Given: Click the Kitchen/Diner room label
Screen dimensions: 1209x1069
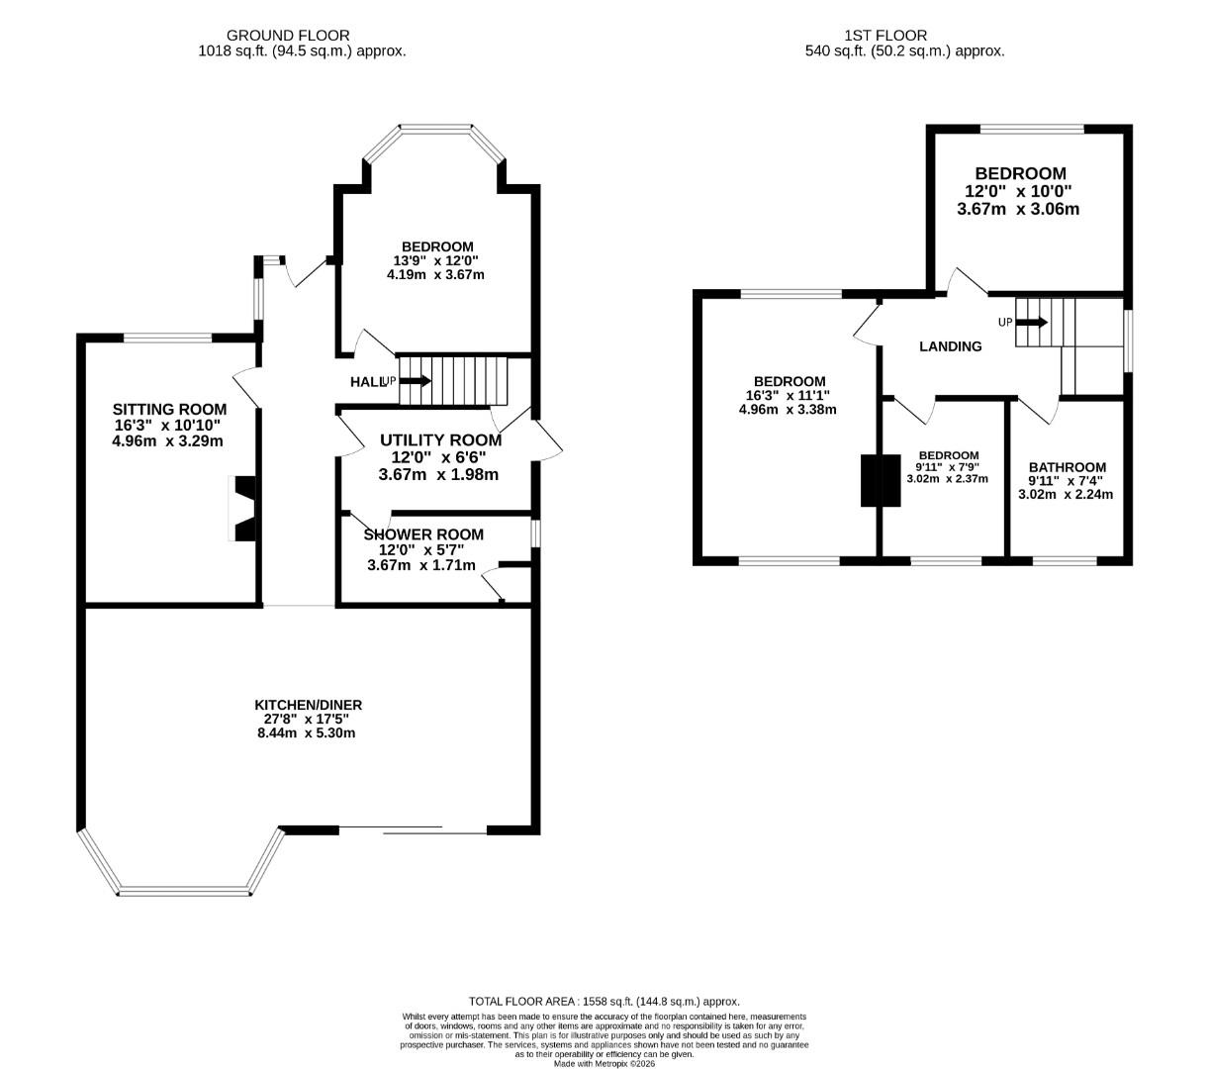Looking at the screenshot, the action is click(x=308, y=705).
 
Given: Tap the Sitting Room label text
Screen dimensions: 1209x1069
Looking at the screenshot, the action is click(x=169, y=409).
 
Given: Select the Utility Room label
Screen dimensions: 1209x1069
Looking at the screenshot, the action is click(x=440, y=440).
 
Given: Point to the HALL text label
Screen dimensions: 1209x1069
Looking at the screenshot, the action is click(x=367, y=382).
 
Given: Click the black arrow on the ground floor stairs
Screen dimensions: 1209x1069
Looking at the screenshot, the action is click(x=415, y=381).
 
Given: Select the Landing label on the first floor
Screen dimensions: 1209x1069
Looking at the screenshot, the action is click(x=950, y=346).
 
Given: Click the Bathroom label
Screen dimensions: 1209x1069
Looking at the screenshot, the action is click(x=1067, y=467).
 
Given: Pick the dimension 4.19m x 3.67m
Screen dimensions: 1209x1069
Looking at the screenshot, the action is click(x=435, y=274).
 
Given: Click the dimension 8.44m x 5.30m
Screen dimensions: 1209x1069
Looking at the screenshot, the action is click(x=308, y=733).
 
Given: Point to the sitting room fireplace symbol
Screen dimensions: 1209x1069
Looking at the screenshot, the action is click(x=243, y=509).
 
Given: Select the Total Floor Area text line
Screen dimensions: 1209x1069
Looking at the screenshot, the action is click(x=604, y=1002).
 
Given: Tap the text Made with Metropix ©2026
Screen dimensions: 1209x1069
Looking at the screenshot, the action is click(x=604, y=1064).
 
